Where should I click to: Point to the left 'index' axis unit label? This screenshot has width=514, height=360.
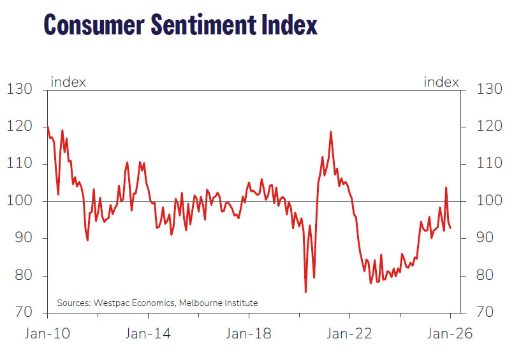click(x=68, y=82)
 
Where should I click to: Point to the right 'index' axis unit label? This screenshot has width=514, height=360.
click(x=441, y=82)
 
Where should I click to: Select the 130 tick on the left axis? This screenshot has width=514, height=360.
click(x=20, y=90)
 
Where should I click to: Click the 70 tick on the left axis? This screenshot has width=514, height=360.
click(x=24, y=313)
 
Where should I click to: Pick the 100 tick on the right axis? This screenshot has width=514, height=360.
click(x=490, y=201)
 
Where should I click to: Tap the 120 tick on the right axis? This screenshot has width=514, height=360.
click(x=490, y=127)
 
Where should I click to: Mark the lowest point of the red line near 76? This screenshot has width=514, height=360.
click(x=306, y=292)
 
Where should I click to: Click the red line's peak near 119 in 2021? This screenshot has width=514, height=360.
click(x=331, y=132)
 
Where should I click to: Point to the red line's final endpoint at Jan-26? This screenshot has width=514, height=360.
click(x=450, y=228)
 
